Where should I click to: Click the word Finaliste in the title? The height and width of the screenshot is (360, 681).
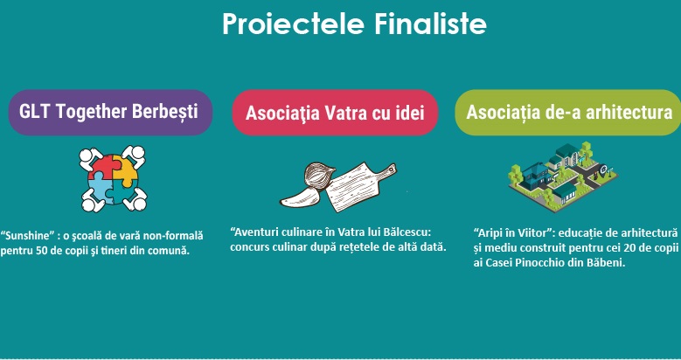coord(429,24)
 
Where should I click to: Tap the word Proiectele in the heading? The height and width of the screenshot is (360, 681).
coord(293,24)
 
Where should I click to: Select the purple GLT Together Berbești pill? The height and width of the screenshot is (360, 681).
coord(110,113)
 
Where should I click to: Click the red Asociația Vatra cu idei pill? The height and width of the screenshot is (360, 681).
coord(335,113)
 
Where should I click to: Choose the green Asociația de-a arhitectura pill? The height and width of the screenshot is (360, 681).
coord(568,113)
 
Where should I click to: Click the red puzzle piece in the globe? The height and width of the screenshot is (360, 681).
coord(102,167)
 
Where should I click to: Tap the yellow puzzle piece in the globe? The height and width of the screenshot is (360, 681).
coord(126,170)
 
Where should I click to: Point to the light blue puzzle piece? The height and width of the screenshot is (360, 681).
coord(101,189)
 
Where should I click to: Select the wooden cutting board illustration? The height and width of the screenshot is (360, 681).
coord(359,186)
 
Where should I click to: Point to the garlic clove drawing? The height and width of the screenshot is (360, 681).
coord(300,199)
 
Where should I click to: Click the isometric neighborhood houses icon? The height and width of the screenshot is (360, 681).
coord(563,177)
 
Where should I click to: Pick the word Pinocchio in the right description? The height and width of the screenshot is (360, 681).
coord(540,263)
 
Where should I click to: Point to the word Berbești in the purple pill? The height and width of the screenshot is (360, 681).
coord(164,112)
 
